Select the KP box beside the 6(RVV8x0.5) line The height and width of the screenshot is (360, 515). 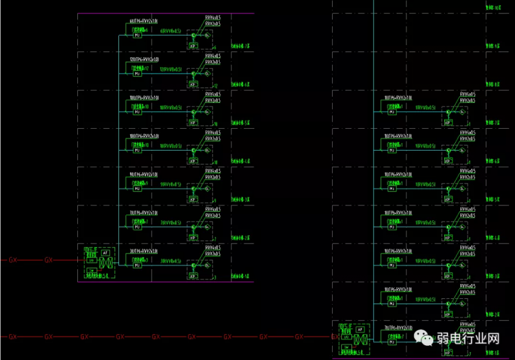point(192,46)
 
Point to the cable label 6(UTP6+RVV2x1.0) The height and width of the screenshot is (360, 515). point(144,21)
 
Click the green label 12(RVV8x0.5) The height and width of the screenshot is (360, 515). point(171,69)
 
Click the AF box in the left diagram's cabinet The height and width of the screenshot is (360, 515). point(105,253)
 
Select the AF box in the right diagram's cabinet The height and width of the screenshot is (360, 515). point(360,329)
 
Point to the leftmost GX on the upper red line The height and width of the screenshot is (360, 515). point(13,260)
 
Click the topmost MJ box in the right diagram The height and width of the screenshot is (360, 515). point(391,112)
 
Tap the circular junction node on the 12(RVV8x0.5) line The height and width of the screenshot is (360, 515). point(193,75)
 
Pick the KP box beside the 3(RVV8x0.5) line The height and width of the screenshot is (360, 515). point(192,276)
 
